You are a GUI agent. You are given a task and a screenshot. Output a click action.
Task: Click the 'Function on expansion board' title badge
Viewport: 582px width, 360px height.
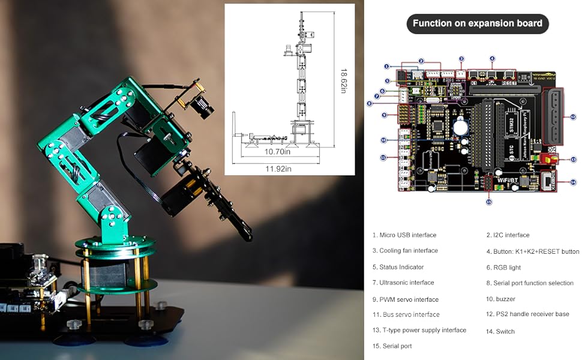pos(478,24)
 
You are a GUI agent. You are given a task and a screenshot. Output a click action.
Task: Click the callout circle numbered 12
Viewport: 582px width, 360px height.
pos(573,117)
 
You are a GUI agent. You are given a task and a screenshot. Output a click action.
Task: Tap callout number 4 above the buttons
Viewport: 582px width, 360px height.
pos(492,59)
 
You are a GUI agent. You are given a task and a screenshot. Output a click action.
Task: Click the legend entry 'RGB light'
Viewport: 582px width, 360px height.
pos(507,267)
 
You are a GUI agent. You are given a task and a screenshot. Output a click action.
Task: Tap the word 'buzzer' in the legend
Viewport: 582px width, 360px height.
pos(505,299)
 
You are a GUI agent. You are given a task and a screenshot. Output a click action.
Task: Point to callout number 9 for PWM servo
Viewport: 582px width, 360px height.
pos(385,114)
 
